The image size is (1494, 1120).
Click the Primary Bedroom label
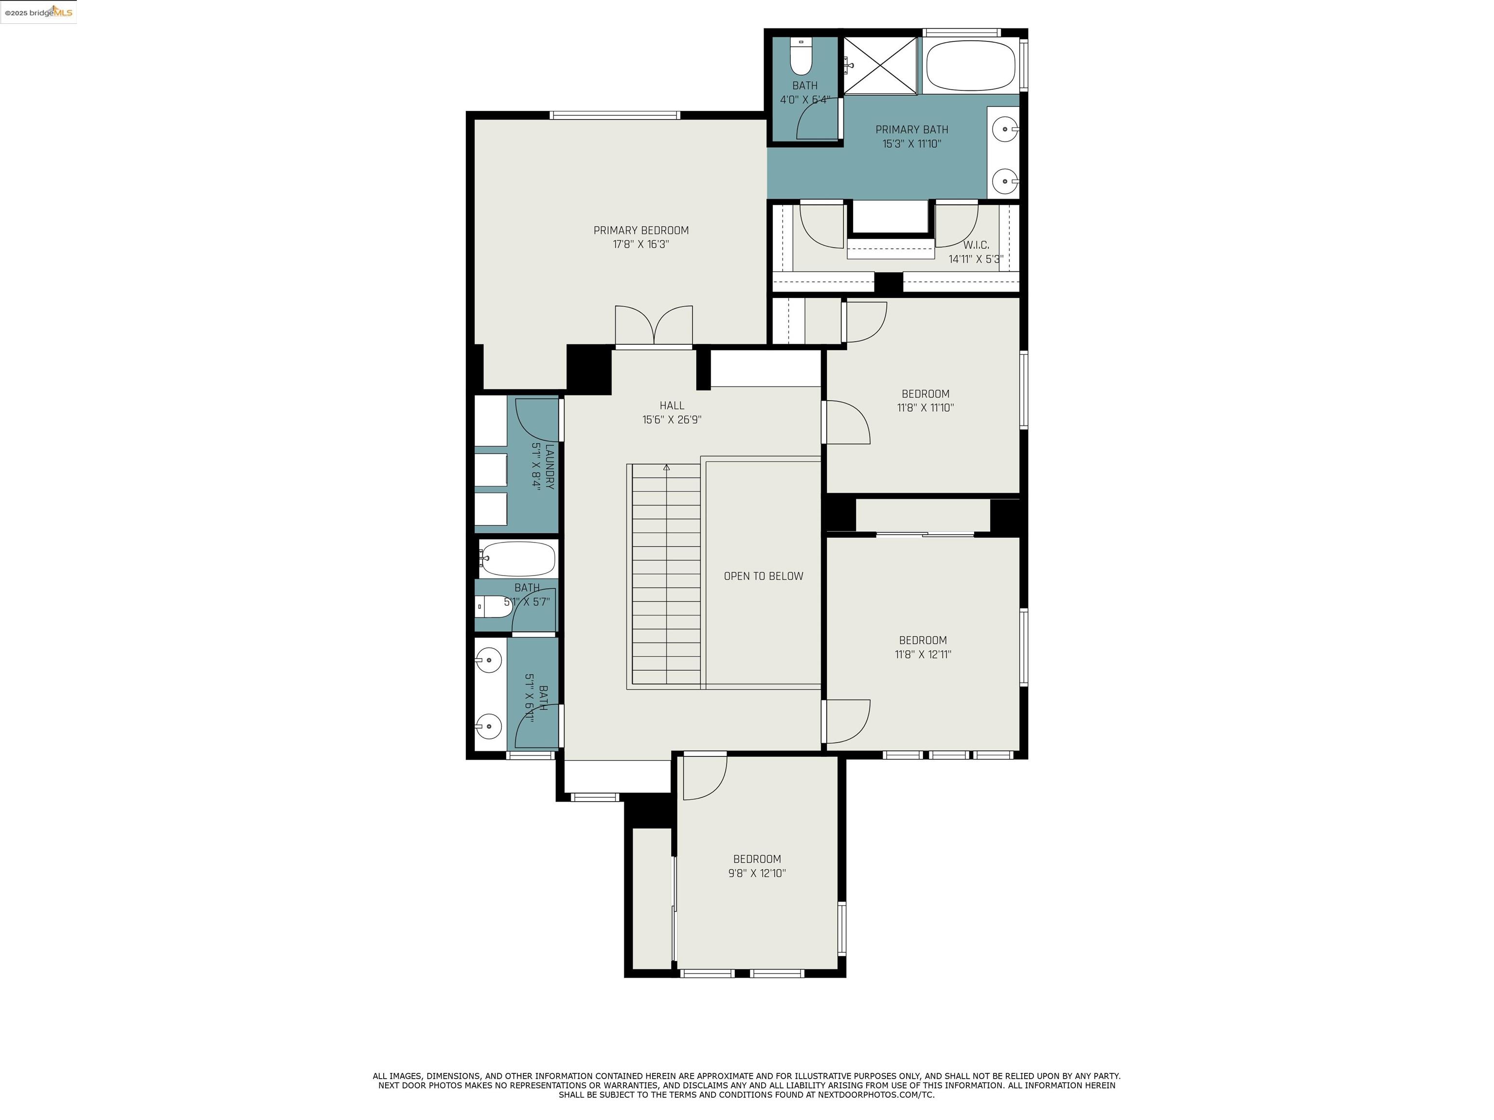pos(641,230)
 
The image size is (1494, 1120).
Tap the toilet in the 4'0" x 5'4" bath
pos(801,57)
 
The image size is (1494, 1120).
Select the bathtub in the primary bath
pos(971,66)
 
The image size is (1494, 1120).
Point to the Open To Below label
pos(763,576)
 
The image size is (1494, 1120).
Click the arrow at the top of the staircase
pos(667,467)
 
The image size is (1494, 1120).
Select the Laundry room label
pos(550,467)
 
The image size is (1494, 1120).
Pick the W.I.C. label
pos(976,245)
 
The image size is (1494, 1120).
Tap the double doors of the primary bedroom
pos(654,326)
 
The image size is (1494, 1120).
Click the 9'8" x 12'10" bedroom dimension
pos(757,873)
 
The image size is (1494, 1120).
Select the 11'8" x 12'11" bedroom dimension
pos(923,654)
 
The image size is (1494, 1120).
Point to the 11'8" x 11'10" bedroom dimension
pos(925,408)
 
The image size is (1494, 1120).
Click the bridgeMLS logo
pos(38,12)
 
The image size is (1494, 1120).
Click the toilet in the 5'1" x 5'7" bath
pos(493,606)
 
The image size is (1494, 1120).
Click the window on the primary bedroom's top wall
pos(615,115)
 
